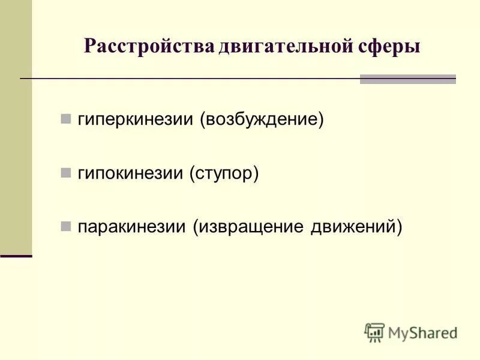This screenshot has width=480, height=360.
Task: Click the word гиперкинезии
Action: pyautogui.click(x=137, y=119)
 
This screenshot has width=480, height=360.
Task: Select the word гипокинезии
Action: pyautogui.click(x=133, y=173)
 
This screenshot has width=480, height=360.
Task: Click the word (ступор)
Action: pyautogui.click(x=224, y=173)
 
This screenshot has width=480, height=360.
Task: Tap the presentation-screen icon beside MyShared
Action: pyautogui.click(x=374, y=332)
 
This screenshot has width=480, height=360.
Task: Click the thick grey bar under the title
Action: pyautogui.click(x=407, y=79)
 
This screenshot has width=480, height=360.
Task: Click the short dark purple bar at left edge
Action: pyautogui.click(x=16, y=256)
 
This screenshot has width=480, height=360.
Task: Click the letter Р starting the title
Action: pyautogui.click(x=89, y=47)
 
